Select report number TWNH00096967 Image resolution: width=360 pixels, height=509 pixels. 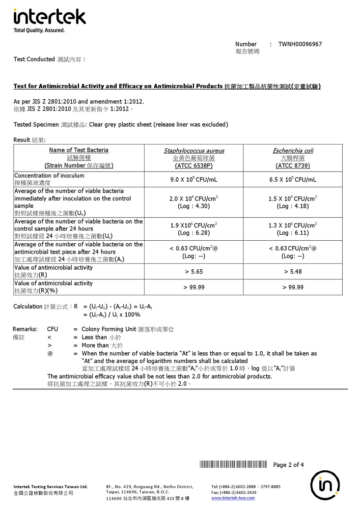[x=300, y=44]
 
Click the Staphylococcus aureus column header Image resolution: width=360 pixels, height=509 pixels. [x=193, y=151]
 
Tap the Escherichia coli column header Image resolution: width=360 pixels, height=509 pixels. [x=293, y=151]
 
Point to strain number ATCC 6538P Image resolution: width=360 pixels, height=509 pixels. [x=193, y=166]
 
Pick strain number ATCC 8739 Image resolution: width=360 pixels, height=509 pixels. [x=293, y=166]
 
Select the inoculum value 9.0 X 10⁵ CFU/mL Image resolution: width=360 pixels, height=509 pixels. [x=193, y=180]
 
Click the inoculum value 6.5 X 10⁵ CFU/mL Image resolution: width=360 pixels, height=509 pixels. [x=293, y=180]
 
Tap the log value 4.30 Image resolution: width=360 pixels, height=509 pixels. [x=193, y=206]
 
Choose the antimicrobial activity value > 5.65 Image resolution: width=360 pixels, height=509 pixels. [x=193, y=272]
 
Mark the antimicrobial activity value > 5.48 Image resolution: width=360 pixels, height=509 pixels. [x=293, y=272]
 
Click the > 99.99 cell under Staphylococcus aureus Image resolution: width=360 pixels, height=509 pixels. [x=193, y=288]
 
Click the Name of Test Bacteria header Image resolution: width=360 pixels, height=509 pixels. [x=78, y=150]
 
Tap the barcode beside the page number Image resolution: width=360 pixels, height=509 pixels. [x=233, y=464]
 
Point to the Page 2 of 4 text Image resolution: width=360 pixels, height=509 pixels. [x=289, y=465]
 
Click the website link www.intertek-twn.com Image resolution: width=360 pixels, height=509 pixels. [x=233, y=498]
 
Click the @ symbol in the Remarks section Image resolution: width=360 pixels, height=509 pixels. [x=49, y=353]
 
